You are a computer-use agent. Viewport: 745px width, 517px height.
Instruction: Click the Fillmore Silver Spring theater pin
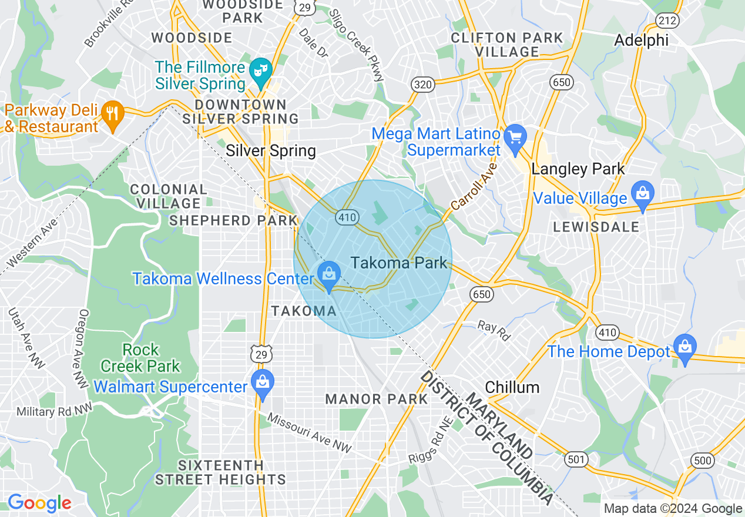pyautogui.click(x=260, y=70)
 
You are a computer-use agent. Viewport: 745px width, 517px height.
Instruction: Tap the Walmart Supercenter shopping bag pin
pyautogui.click(x=263, y=384)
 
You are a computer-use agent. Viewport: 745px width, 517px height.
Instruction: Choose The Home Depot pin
pyautogui.click(x=684, y=347)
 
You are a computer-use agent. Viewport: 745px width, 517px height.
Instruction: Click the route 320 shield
pyautogui.click(x=422, y=85)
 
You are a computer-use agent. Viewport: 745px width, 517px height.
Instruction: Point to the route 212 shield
pyautogui.click(x=668, y=21)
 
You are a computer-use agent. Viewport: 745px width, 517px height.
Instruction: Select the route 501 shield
pyautogui.click(x=576, y=459)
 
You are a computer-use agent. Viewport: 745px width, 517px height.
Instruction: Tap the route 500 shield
pyautogui.click(x=703, y=460)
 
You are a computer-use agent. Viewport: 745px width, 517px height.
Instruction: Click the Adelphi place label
pyautogui.click(x=642, y=40)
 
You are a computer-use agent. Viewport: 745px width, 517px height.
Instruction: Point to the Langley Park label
pyautogui.click(x=578, y=169)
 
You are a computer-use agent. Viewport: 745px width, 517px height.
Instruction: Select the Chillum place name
pyautogui.click(x=512, y=387)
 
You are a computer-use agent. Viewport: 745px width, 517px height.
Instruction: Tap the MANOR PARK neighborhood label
pyautogui.click(x=377, y=399)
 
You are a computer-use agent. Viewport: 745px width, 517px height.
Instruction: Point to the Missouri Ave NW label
pyautogui.click(x=309, y=433)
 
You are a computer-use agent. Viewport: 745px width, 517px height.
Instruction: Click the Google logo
pyautogui.click(x=39, y=503)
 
